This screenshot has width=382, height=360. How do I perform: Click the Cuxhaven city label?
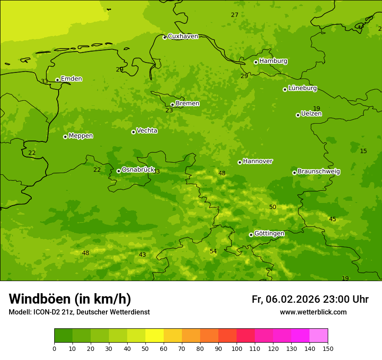point(183,36)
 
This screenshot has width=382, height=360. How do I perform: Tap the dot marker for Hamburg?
point(256,62)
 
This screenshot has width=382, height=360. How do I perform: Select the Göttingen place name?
point(269,233)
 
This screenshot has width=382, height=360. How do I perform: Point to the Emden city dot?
point(57,80)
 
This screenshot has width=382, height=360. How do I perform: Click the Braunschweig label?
point(319,172)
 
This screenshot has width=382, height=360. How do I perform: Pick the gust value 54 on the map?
point(213,252)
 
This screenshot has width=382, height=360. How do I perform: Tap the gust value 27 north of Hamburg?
point(234,15)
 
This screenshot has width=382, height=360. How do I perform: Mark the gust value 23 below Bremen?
point(169,111)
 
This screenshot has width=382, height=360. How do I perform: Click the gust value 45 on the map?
point(333,219)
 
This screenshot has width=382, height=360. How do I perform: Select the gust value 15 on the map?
point(363,151)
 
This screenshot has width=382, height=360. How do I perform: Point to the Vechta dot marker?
point(133,132)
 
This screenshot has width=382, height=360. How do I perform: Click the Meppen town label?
point(81,136)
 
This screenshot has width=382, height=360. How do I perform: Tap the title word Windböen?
point(40,299)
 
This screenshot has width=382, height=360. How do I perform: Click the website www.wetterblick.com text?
point(313,312)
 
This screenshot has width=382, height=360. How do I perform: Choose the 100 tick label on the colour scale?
point(237,348)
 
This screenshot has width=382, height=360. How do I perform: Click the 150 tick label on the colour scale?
point(328,348)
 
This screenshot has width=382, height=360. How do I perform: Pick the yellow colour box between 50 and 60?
point(155,336)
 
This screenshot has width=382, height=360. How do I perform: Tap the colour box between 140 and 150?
point(319,336)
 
